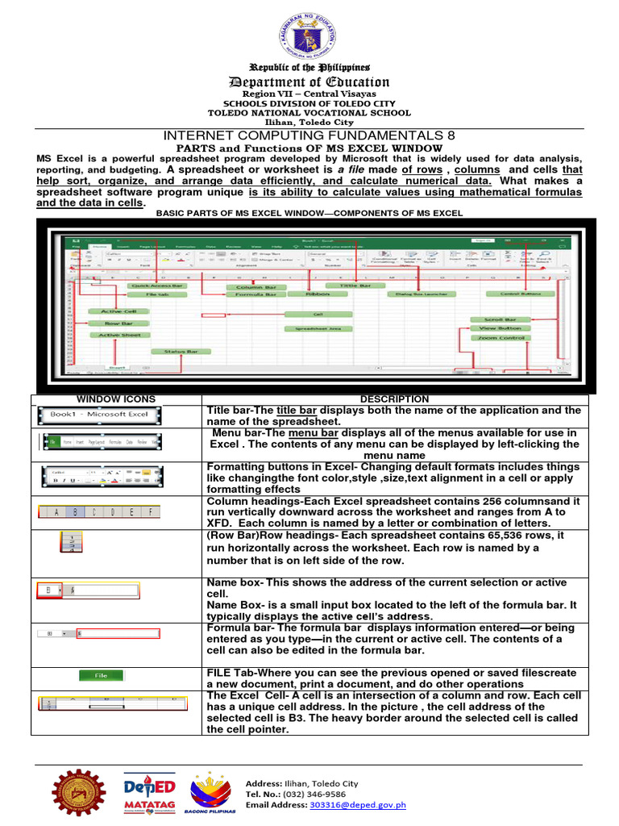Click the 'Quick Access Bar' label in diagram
click(157, 286)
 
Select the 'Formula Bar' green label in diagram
click(255, 295)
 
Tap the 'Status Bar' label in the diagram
click(181, 352)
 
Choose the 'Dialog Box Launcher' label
click(421, 294)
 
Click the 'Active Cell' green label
click(118, 311)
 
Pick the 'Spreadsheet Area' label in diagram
click(317, 329)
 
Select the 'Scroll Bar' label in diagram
click(499, 319)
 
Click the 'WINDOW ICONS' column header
click(115, 399)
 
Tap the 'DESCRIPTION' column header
click(394, 399)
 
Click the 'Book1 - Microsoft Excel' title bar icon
click(100, 415)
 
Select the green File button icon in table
click(102, 676)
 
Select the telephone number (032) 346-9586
click(307, 794)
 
